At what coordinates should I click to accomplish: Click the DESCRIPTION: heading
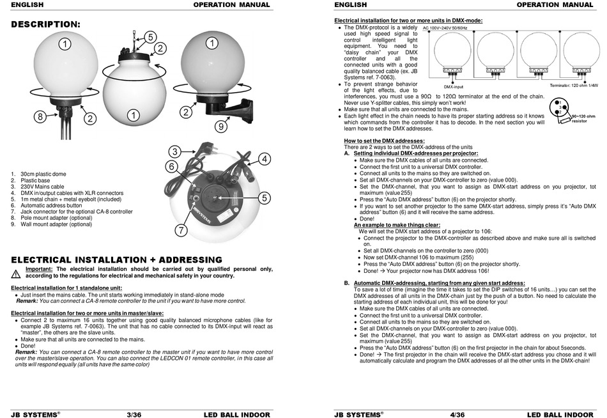47,24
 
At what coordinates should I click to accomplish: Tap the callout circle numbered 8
40,117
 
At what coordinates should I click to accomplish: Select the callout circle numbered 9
220,127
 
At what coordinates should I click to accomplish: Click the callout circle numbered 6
172,167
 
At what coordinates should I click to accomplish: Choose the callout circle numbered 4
265,159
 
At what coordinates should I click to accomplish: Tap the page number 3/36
134,413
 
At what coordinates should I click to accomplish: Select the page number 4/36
457,413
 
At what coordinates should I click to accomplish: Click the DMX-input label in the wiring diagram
454,86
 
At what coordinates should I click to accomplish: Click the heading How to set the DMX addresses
384,140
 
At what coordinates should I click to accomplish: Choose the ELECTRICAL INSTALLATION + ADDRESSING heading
117,259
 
